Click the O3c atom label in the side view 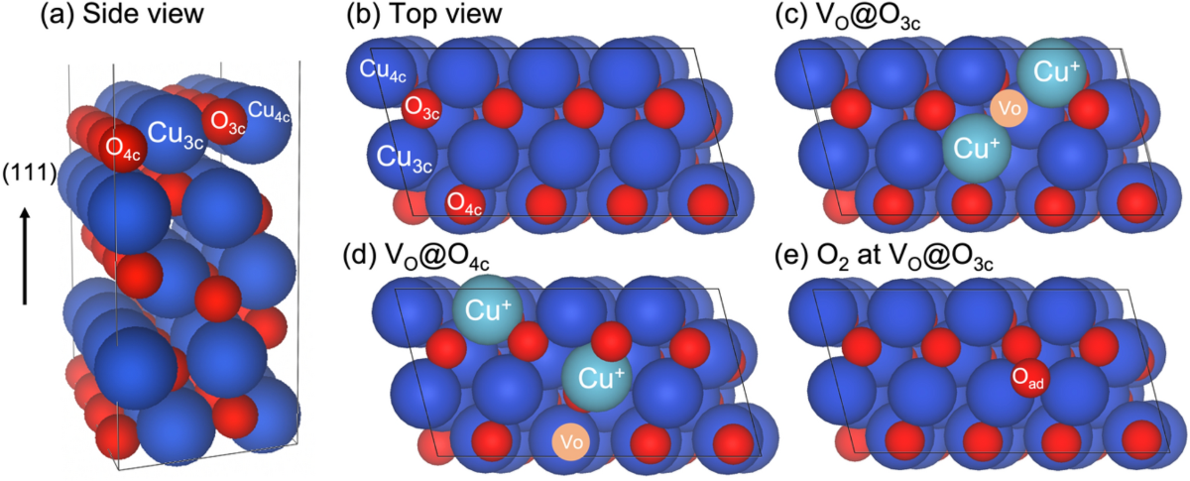point(224,120)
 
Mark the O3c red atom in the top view point(420,107)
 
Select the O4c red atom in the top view point(465,201)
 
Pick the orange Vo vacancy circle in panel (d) point(568,440)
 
